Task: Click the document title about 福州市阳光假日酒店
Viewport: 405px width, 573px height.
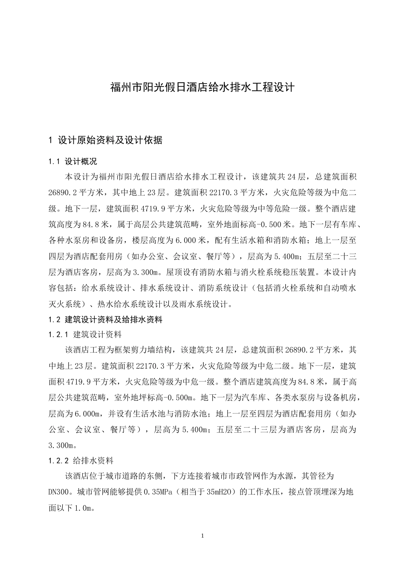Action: pyautogui.click(x=202, y=88)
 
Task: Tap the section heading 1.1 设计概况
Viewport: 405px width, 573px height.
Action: pyautogui.click(x=73, y=162)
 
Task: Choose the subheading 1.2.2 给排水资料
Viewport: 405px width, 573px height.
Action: pyautogui.click(x=81, y=460)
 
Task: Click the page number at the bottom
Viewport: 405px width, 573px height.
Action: pyautogui.click(x=202, y=535)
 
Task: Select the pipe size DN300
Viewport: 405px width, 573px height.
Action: pyautogui.click(x=61, y=492)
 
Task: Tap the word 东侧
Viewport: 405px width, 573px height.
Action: pyautogui.click(x=155, y=476)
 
